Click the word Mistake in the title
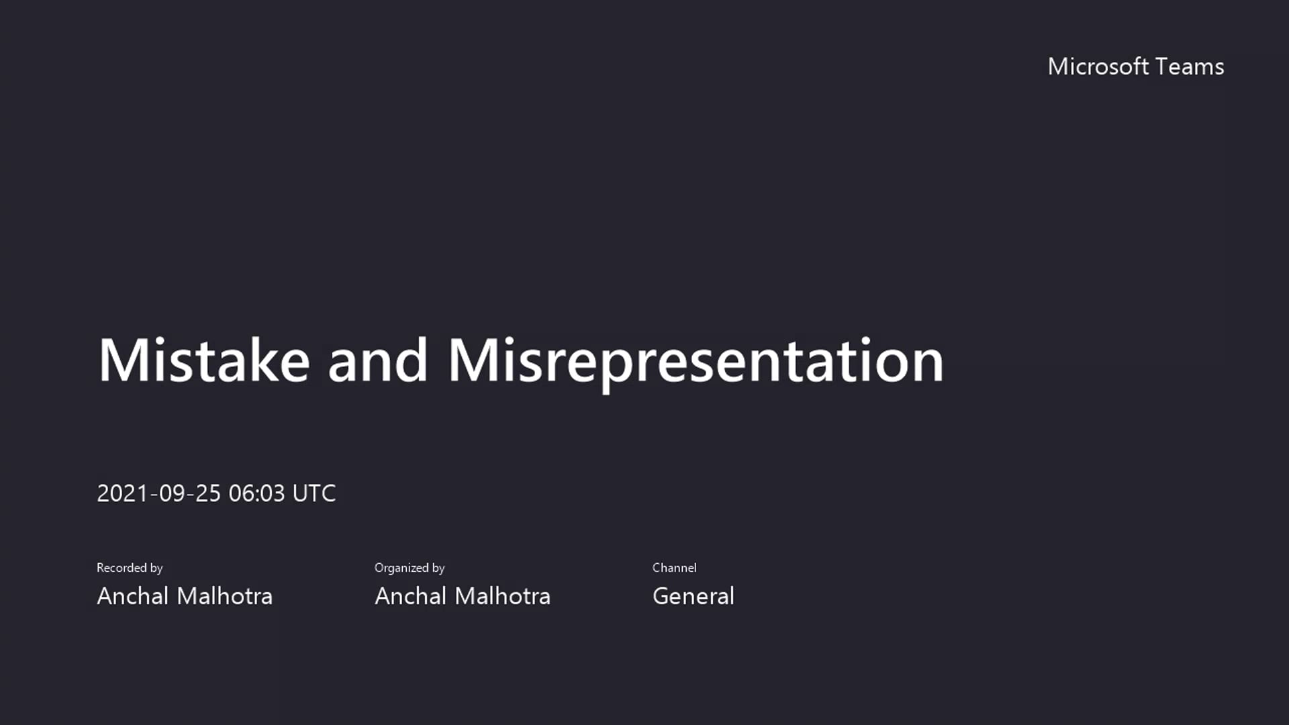(x=203, y=360)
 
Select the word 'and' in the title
(x=377, y=360)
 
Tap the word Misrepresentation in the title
(x=696, y=360)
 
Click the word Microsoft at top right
(x=1098, y=66)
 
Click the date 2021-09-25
(x=158, y=493)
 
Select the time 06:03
(x=256, y=493)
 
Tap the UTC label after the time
(x=314, y=493)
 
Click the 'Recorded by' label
(x=130, y=568)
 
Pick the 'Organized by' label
(x=410, y=568)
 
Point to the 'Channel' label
(x=674, y=568)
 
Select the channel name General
(x=693, y=596)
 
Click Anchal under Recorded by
(x=132, y=596)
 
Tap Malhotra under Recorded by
(x=224, y=596)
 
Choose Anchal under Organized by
(x=410, y=596)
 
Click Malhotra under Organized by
(x=502, y=596)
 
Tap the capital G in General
(x=662, y=596)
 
